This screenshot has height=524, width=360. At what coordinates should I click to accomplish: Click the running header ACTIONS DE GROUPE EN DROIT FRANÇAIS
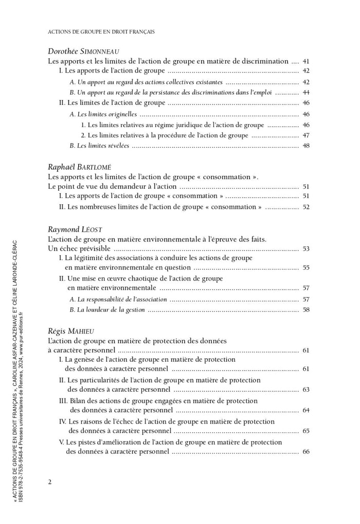pyautogui.click(x=101, y=31)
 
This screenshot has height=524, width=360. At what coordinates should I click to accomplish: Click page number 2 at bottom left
pyautogui.click(x=50, y=482)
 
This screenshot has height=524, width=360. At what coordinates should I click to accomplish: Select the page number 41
pyautogui.click(x=306, y=61)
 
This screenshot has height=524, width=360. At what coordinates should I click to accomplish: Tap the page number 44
pyautogui.click(x=306, y=93)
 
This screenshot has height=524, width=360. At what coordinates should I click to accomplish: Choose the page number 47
pyautogui.click(x=306, y=135)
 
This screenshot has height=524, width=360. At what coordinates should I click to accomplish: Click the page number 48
pyautogui.click(x=306, y=146)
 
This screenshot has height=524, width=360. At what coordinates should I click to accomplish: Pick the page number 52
pyautogui.click(x=306, y=207)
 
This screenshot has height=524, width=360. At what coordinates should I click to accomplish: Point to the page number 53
pyautogui.click(x=306, y=249)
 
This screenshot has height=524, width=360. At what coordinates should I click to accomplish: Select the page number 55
pyautogui.click(x=306, y=268)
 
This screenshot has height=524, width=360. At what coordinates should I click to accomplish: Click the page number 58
pyautogui.click(x=306, y=310)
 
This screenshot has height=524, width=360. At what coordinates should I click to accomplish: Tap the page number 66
pyautogui.click(x=306, y=452)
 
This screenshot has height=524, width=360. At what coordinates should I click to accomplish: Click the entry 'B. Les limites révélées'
pyautogui.click(x=99, y=146)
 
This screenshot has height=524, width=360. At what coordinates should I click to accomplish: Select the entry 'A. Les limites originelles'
pyautogui.click(x=103, y=114)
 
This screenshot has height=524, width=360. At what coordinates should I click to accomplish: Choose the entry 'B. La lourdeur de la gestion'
pyautogui.click(x=107, y=310)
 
